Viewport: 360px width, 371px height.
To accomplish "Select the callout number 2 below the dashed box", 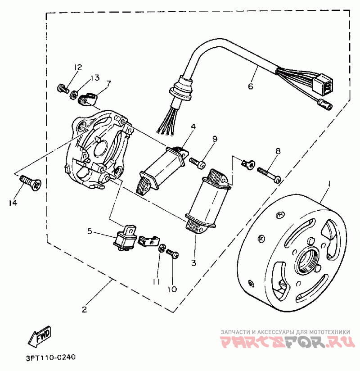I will pos(84,309).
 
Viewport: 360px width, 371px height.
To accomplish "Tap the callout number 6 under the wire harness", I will pos(251,86).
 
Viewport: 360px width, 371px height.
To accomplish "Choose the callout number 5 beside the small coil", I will pos(90,231).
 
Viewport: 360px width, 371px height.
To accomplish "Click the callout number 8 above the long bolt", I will pos(278,152).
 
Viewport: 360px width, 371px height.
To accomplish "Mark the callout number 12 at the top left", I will pos(78,68).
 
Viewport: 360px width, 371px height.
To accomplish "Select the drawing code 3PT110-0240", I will pos(47,358).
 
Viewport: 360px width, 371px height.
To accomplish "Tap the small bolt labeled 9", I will pos(198,161).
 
